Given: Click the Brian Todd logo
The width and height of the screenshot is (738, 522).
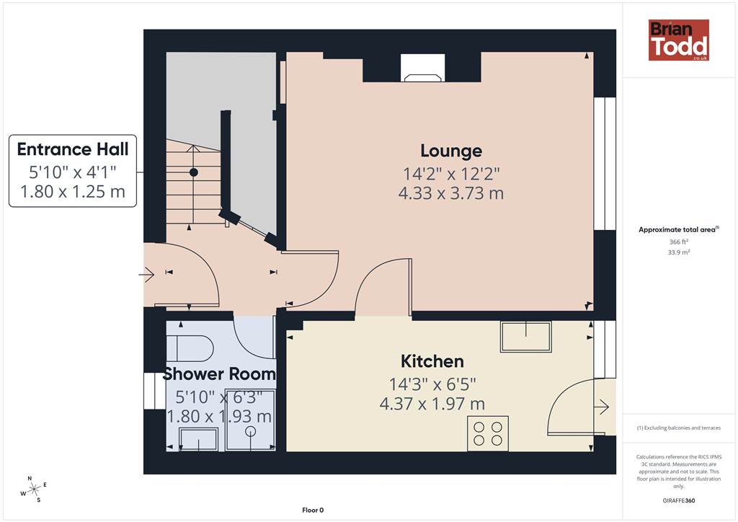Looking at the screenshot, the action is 678,40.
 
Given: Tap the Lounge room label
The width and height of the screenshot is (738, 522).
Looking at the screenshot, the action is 451,151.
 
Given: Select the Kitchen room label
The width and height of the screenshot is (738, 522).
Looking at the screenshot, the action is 432,361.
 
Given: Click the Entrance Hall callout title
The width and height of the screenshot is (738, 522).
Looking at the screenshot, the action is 73,149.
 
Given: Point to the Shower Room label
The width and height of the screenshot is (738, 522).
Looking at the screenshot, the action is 219,374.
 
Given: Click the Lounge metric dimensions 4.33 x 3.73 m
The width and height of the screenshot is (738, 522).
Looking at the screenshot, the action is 451,193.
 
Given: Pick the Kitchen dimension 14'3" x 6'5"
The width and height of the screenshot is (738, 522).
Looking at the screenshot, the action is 432,384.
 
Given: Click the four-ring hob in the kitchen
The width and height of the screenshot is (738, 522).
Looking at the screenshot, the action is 488,433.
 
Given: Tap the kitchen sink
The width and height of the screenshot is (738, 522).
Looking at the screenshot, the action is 525,337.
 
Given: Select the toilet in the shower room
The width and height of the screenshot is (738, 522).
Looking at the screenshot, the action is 190,348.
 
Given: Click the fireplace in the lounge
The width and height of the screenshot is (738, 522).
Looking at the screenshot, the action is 422,68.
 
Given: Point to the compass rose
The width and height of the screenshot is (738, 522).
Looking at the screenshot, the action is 34,490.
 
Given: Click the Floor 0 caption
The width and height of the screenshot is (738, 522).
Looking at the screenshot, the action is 313,510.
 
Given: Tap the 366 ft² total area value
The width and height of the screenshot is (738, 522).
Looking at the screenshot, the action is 679,242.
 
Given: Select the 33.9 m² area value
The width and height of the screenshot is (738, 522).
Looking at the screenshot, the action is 679,252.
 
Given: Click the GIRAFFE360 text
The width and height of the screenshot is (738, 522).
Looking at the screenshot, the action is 679,500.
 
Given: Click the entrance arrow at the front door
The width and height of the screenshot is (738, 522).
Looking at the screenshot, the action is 147,275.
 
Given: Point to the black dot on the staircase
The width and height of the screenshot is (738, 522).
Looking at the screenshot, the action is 193,172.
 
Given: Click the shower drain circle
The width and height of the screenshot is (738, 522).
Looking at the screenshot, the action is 250,430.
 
